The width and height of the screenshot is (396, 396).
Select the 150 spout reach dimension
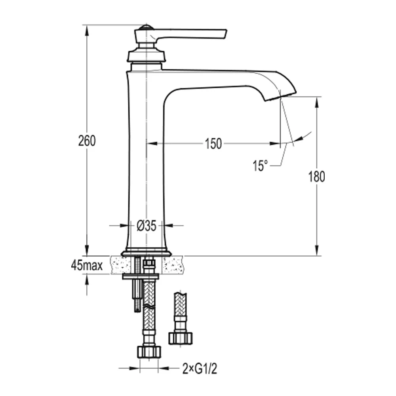213,144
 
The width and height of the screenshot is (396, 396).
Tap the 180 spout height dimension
316,177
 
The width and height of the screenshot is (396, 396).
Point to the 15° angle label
260,165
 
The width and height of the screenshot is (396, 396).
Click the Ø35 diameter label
147,226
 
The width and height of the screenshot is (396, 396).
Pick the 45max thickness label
87,266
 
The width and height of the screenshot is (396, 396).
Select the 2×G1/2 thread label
200,369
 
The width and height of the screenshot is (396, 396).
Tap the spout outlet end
281,97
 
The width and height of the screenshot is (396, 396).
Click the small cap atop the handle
145,27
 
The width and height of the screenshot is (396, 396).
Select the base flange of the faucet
146,253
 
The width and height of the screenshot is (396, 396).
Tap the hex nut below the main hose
148,352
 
